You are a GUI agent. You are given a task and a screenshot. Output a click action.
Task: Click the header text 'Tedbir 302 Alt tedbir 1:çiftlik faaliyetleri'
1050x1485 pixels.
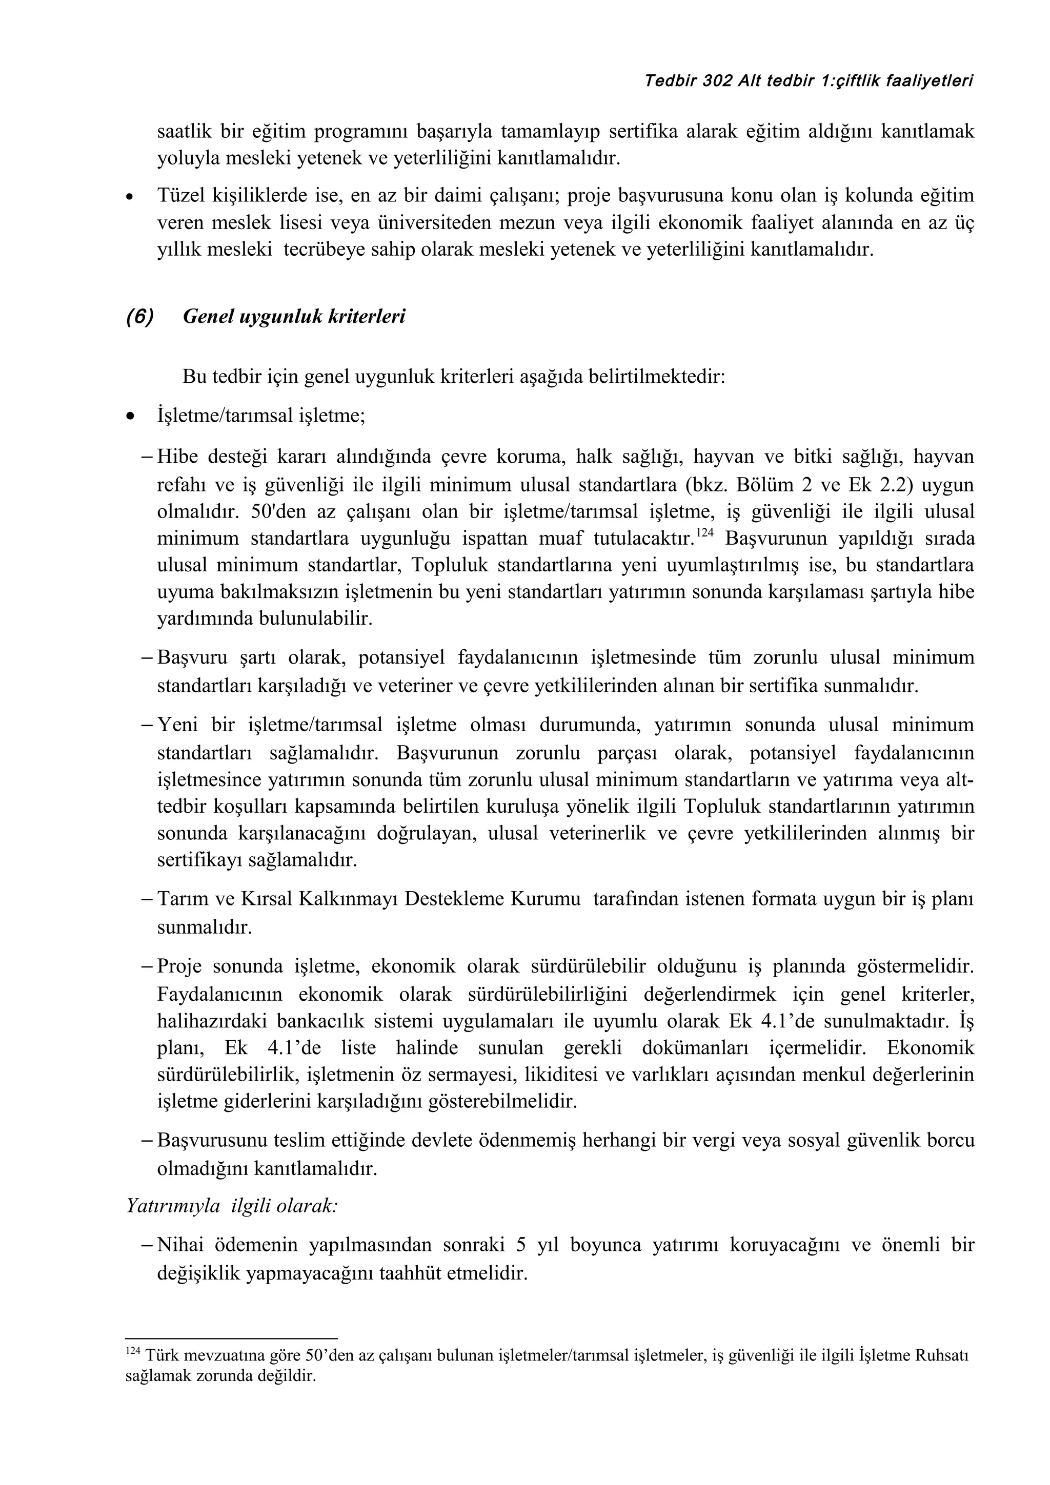click(x=809, y=81)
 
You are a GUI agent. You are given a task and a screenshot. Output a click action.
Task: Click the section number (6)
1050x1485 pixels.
click(x=140, y=317)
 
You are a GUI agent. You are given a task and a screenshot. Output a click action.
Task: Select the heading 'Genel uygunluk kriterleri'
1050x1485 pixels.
click(x=294, y=317)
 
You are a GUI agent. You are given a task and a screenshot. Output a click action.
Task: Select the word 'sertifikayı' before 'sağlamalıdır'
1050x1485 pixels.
click(x=198, y=860)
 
